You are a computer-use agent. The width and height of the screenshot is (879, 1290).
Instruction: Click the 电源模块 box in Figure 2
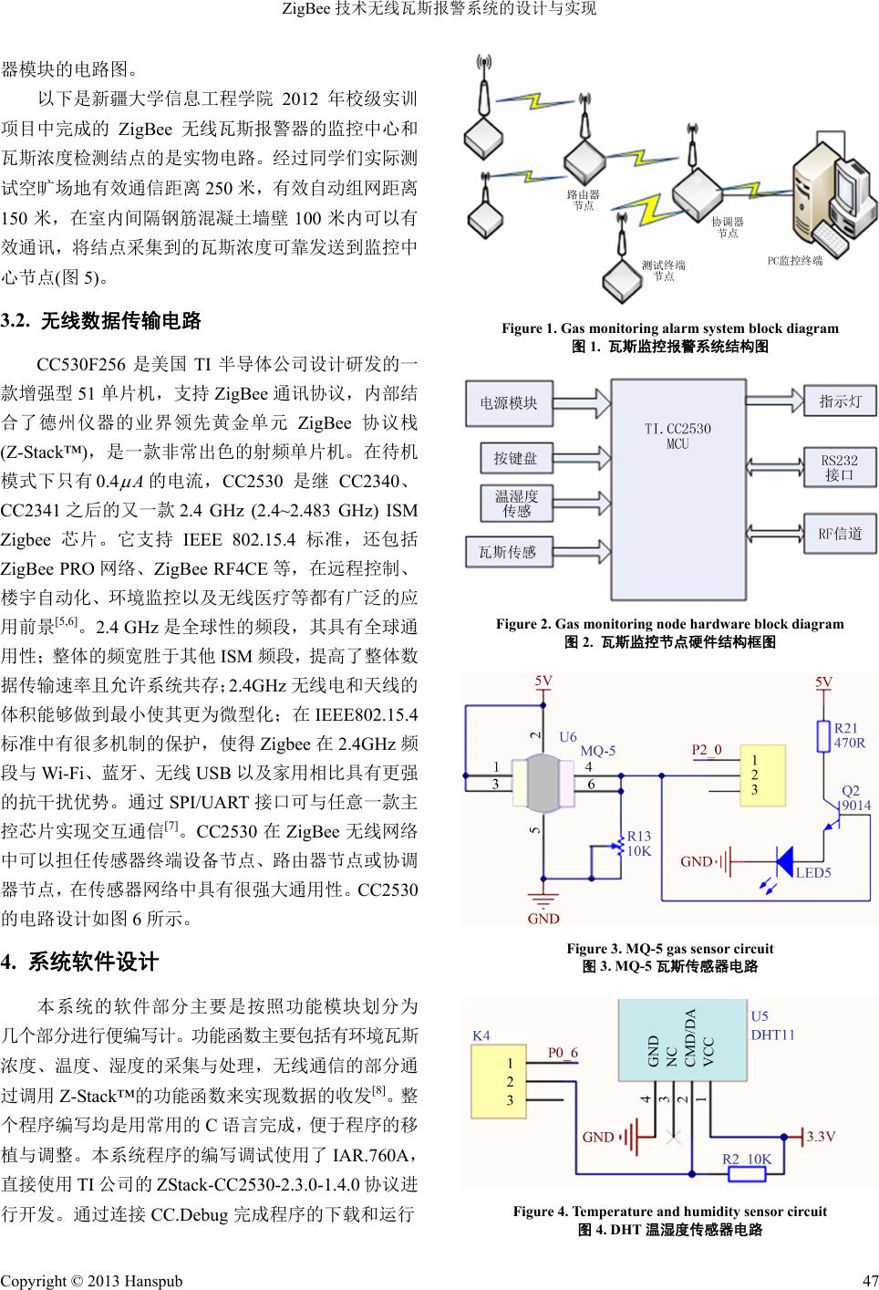[509, 402]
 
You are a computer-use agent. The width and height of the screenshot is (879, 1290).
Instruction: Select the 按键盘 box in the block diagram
[515, 458]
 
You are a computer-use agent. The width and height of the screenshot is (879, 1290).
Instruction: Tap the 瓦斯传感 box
[508, 552]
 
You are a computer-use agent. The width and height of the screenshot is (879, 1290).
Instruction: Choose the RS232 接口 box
[839, 467]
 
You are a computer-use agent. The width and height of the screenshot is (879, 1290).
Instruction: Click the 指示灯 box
[839, 401]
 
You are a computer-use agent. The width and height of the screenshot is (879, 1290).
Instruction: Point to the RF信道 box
[839, 534]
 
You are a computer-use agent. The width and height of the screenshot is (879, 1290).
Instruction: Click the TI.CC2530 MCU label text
[677, 436]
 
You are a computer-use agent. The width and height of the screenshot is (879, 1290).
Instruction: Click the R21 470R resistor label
[849, 735]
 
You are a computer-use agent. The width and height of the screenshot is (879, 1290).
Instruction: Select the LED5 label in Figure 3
[813, 873]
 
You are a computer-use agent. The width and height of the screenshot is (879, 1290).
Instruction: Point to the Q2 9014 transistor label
[855, 797]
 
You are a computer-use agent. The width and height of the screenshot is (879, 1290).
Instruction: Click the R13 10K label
[638, 843]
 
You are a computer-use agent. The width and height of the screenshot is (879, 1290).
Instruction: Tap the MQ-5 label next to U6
[597, 752]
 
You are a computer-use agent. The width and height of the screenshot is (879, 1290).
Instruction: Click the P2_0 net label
[706, 750]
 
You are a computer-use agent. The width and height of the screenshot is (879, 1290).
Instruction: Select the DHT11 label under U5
[772, 1035]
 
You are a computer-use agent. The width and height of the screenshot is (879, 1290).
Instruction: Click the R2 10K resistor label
[747, 1159]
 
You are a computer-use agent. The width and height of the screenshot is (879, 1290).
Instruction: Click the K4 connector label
[481, 1035]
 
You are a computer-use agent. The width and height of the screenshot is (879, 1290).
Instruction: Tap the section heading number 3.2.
[16, 321]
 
